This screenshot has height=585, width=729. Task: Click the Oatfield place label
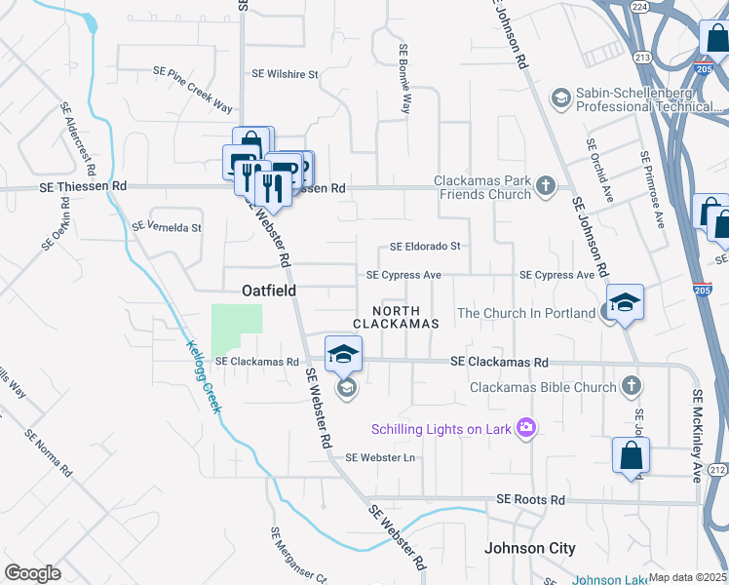tap(269, 291)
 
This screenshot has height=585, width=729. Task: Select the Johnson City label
tap(530, 548)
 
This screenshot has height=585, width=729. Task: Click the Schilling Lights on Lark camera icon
tap(527, 427)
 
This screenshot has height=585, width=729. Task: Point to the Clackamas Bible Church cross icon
tap(633, 386)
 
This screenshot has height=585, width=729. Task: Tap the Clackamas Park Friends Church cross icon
tap(547, 184)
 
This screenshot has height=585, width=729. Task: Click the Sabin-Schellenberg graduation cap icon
tap(560, 97)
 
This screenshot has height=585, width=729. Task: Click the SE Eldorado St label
tap(425, 248)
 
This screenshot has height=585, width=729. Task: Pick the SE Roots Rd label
tap(530, 499)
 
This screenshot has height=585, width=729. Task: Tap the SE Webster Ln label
tap(381, 457)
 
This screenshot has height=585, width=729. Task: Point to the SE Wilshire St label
tap(286, 74)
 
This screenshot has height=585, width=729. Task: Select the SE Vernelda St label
tap(166, 228)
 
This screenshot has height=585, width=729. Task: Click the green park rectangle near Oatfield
tap(237, 328)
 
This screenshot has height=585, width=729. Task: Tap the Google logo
tap(32, 573)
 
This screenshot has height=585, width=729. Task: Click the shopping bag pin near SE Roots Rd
tap(631, 454)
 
